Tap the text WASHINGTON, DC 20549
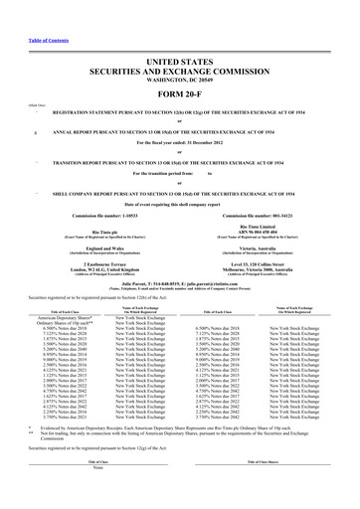tap(179, 51)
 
